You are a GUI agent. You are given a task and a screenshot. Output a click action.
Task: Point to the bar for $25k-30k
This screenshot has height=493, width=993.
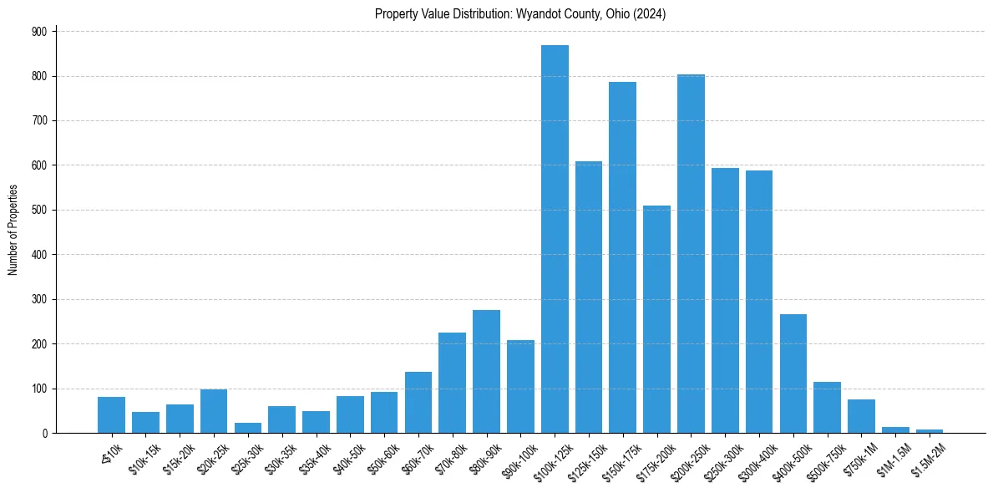tap(248, 428)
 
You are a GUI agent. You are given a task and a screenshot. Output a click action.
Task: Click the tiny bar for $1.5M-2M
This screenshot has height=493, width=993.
tap(930, 431)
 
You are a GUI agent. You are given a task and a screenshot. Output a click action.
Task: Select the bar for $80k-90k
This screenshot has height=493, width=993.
tap(486, 372)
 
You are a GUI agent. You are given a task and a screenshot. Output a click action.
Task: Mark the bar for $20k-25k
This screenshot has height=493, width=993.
tap(214, 411)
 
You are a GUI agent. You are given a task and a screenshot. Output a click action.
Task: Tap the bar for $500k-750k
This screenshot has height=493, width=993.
tap(827, 408)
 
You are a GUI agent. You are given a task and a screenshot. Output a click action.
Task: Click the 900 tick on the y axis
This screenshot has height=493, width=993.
tap(38, 31)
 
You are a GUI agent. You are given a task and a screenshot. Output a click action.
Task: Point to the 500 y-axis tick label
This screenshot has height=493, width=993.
tap(38, 210)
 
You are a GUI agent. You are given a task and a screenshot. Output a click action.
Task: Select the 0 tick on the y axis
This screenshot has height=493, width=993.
tap(44, 434)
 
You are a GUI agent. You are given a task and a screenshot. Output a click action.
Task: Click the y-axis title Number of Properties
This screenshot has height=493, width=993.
tap(13, 230)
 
